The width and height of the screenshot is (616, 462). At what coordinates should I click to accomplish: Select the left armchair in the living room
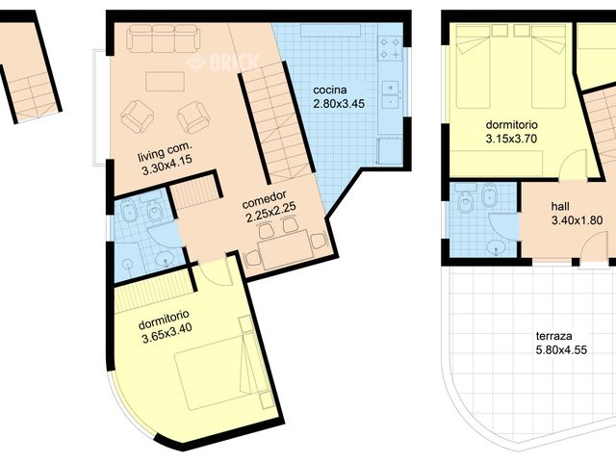tap(137, 116)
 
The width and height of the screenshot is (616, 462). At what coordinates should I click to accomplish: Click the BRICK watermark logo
tap(222, 63)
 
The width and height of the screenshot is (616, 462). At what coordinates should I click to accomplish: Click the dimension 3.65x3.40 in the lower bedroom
tap(167, 338)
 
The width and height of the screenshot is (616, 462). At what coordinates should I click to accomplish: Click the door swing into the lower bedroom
tap(218, 273)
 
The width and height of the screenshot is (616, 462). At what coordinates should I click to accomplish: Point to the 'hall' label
tap(560, 206)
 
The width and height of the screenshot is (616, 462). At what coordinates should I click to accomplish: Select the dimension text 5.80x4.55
tap(559, 350)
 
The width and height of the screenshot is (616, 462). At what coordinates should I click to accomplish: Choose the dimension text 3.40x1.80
tap(577, 220)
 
